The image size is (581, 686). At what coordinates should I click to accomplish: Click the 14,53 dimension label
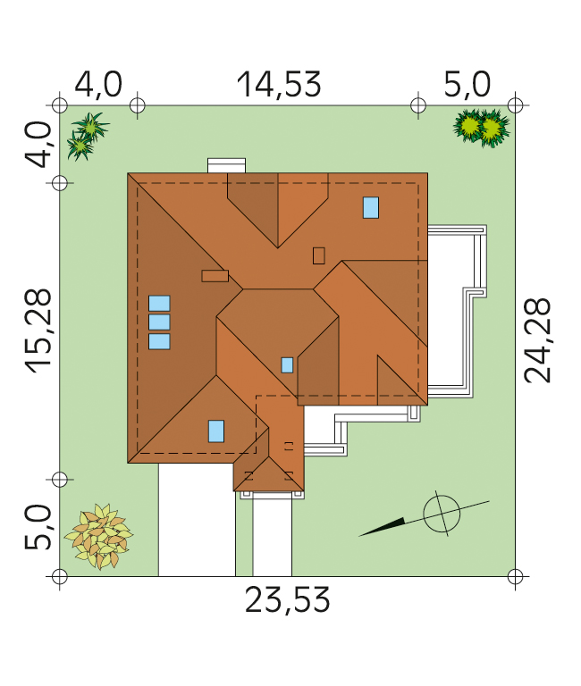click(x=279, y=85)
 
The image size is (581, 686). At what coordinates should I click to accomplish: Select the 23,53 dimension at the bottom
click(x=287, y=600)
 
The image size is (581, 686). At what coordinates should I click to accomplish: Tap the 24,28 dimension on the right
click(x=537, y=340)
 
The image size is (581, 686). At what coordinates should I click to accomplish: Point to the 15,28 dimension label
click(x=38, y=330)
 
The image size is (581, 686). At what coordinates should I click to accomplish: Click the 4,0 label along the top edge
click(x=98, y=85)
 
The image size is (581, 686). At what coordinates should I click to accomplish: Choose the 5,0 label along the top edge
click(x=467, y=85)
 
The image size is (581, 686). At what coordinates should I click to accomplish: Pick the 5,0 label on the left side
click(x=38, y=527)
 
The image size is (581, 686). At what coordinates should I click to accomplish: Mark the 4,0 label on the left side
click(x=38, y=145)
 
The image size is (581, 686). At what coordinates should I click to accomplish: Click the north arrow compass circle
click(x=442, y=514)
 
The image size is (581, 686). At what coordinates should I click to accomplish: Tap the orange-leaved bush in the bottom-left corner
click(x=99, y=536)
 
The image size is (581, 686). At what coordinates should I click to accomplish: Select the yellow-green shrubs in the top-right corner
click(x=482, y=128)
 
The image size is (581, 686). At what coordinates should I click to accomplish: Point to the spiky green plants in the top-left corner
click(x=87, y=136)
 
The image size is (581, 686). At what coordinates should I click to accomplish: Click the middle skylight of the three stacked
click(x=159, y=322)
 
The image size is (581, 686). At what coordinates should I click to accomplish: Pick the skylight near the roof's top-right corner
click(x=371, y=207)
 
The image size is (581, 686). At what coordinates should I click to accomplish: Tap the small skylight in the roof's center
click(x=287, y=365)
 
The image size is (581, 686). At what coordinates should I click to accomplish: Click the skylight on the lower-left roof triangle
click(x=216, y=431)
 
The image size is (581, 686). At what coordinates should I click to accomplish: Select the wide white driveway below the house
click(x=197, y=520)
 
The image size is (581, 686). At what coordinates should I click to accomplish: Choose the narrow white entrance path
click(x=273, y=538)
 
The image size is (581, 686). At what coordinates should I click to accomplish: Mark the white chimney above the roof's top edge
click(x=226, y=166)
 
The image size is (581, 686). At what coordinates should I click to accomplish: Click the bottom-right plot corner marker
click(x=516, y=577)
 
